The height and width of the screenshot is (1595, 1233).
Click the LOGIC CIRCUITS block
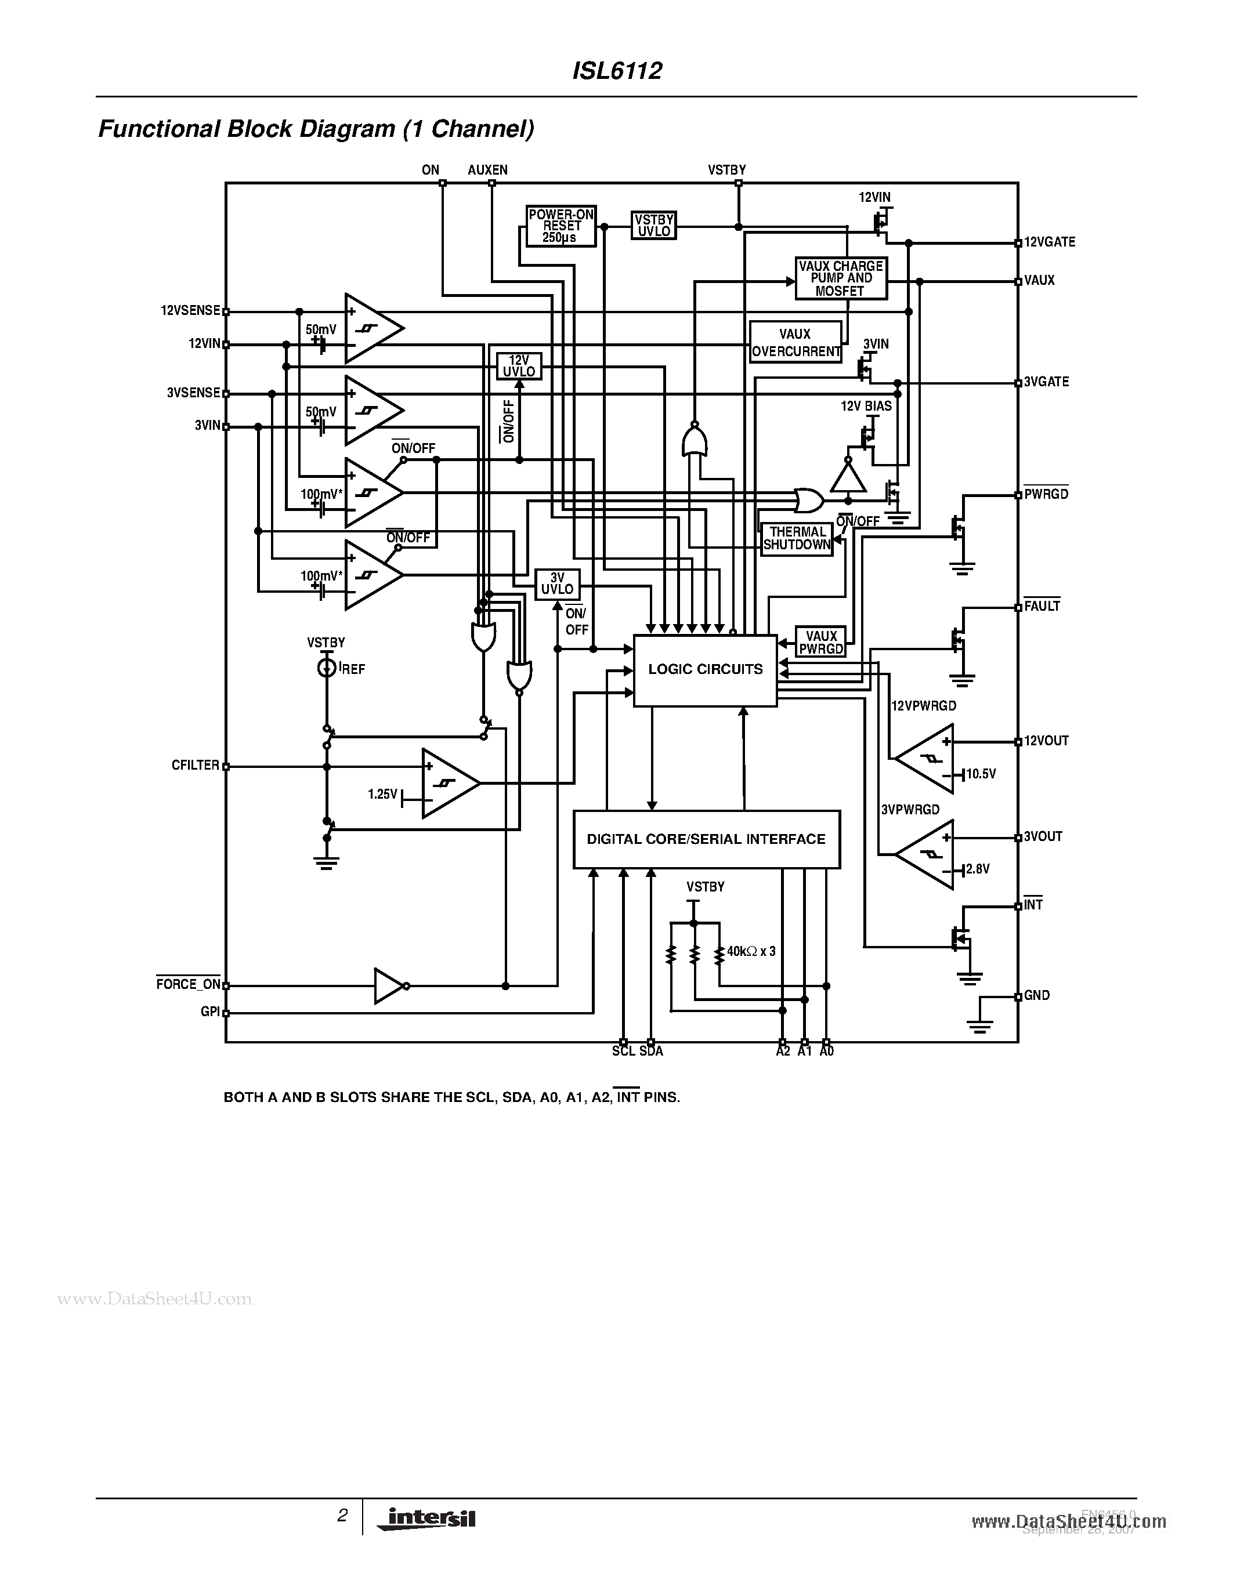coord(704,670)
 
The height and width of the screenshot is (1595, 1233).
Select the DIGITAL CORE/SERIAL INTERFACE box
coord(706,839)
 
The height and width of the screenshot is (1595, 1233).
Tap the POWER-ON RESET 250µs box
coord(561,226)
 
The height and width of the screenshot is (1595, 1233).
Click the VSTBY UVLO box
coord(653,226)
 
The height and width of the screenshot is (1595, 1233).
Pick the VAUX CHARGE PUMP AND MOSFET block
coord(841,278)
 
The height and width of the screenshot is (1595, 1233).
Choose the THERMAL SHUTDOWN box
coord(796,539)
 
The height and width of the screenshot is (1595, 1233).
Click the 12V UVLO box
coord(519,366)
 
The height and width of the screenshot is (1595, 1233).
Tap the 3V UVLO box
coord(558,584)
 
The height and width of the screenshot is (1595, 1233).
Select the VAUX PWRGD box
coord(820,643)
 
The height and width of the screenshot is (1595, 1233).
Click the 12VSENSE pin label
coord(190,310)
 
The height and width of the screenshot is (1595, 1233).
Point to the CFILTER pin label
coord(195,766)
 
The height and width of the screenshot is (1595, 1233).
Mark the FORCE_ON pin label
coord(188,984)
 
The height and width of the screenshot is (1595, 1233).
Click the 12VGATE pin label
coord(1050,242)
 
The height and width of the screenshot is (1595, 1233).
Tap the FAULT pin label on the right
coord(1042,606)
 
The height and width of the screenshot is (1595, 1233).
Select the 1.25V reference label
coord(382,794)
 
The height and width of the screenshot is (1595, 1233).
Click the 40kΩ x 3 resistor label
coord(751,952)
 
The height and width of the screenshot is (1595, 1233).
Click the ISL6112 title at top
coord(617,71)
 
